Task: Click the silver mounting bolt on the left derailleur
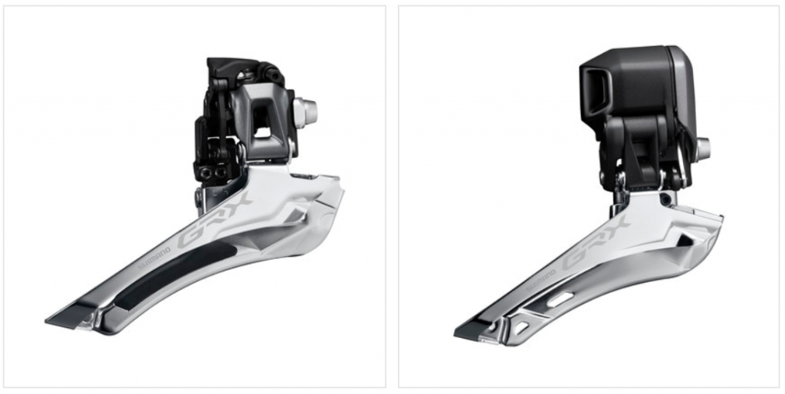click(306, 112)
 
